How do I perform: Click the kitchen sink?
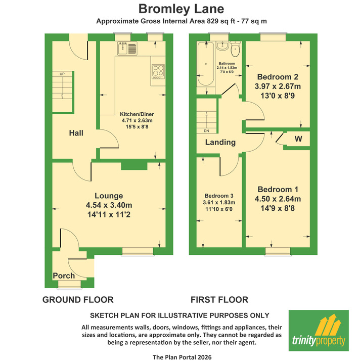point(127,49)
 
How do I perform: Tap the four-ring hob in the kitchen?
point(158,71)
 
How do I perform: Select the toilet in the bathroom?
point(235,49)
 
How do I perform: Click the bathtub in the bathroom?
point(206,64)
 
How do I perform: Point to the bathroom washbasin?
point(222,45)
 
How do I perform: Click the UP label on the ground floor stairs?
point(62,74)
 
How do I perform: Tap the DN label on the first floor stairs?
point(206,131)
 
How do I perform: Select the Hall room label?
point(76,133)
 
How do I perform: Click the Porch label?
point(64,276)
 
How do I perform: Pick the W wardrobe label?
point(298,139)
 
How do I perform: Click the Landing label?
point(220,142)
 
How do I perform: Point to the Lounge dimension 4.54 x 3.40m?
point(109,205)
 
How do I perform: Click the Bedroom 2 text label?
point(278,77)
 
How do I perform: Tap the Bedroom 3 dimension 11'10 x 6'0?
point(219,209)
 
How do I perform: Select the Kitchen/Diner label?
point(137,114)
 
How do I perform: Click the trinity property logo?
point(319,331)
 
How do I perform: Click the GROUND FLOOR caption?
point(78,300)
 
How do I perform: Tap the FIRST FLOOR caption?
point(219,300)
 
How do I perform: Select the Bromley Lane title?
point(182,9)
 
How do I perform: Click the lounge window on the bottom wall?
point(138,251)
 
